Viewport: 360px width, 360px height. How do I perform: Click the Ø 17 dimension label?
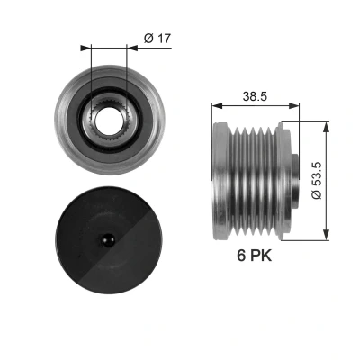pos(157,39)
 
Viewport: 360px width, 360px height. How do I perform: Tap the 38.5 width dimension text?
pos(255,96)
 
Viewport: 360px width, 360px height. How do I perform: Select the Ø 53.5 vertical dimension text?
pos(316,180)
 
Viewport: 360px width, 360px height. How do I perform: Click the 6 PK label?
pos(255,256)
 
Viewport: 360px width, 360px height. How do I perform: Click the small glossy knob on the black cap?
pos(108,240)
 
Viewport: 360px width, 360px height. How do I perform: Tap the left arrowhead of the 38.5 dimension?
pos(217,105)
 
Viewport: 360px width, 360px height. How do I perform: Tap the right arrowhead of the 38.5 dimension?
pos(294,105)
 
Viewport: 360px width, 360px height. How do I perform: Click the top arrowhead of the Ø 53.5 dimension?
pos(327,127)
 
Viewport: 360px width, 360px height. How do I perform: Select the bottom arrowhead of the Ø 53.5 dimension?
pos(327,235)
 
